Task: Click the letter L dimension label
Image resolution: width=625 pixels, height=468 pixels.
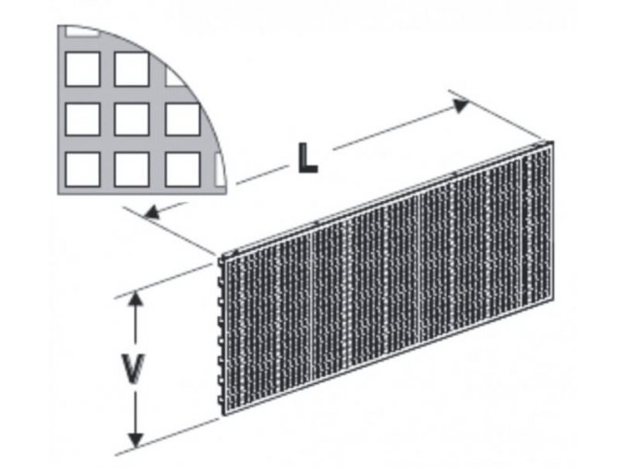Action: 306,159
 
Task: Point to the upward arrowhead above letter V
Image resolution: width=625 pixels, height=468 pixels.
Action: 136,302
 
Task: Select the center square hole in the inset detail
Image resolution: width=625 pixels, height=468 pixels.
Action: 132,119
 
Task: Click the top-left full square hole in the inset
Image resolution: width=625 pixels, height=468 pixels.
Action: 83,68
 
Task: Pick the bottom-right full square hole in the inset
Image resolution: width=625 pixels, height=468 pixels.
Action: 182,169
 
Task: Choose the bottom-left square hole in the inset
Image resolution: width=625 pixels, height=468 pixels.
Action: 83,169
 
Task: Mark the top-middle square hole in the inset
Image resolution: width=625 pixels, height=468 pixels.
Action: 132,68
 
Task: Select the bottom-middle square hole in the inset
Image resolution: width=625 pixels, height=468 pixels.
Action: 132,169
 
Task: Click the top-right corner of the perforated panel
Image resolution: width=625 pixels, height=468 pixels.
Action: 550,143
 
